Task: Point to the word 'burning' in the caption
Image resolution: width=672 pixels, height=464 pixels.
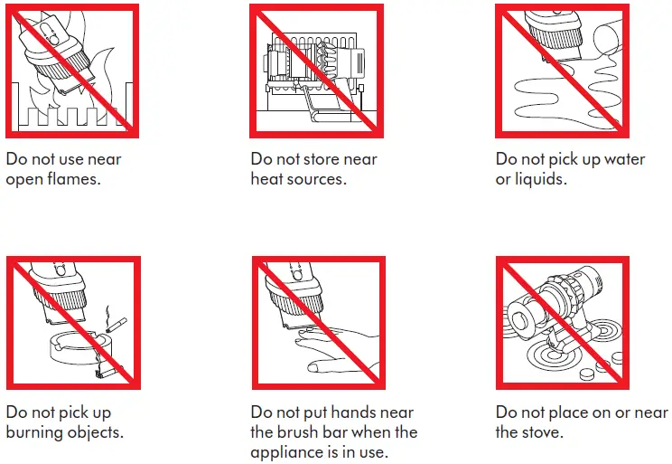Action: point(33,431)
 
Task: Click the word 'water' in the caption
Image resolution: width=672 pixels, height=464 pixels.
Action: point(624,159)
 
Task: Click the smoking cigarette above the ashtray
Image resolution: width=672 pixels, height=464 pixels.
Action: point(117,325)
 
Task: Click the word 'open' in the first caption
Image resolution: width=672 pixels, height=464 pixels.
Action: point(24,179)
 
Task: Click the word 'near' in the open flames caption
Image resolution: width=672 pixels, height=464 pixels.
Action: point(104,159)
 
